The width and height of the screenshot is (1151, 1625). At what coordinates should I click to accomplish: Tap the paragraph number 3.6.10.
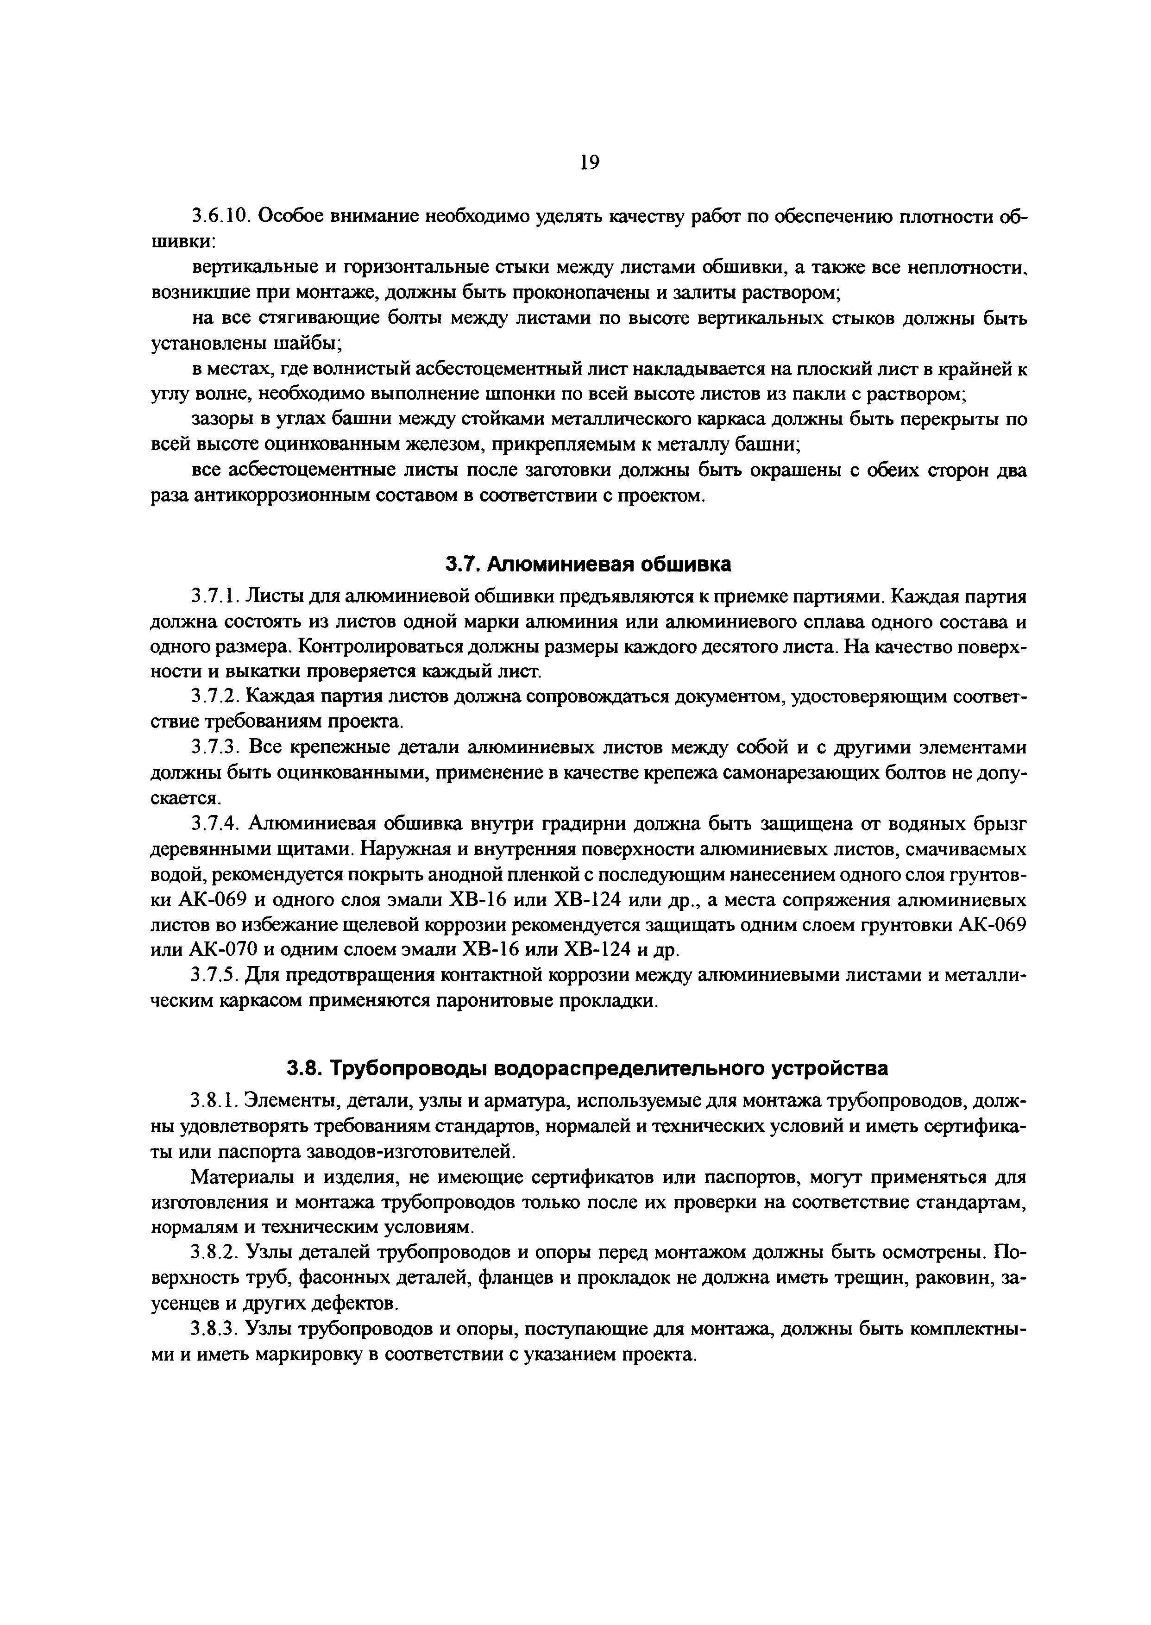pyautogui.click(x=221, y=217)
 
